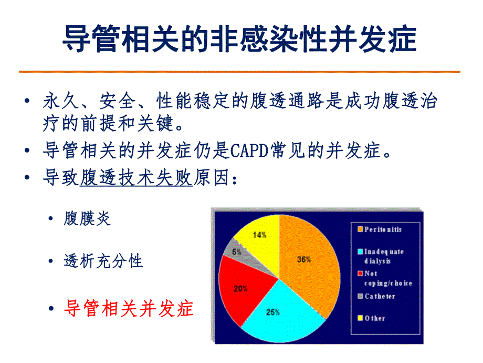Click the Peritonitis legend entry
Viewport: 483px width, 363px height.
384,229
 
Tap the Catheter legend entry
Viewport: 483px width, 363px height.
380,297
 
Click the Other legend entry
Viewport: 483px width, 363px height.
375,318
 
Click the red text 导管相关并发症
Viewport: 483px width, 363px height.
129,308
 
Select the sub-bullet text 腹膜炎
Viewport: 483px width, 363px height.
87,218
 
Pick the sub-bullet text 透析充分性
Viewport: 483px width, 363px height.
103,260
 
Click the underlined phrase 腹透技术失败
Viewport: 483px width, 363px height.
135,179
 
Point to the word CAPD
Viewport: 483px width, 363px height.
249,151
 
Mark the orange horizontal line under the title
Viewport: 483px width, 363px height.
239,72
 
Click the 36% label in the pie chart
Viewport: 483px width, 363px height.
303,259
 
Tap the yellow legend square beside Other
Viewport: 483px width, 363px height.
360,318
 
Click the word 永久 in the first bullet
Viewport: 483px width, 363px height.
55,101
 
